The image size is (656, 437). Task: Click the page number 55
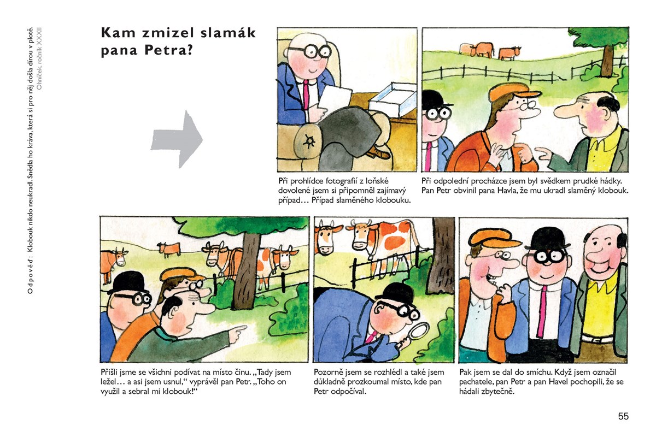(x=623, y=416)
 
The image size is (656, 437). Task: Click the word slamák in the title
(x=228, y=33)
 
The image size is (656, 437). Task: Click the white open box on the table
(x=393, y=99)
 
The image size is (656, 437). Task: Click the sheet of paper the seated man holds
(x=334, y=99)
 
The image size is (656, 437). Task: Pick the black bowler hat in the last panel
(x=547, y=238)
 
